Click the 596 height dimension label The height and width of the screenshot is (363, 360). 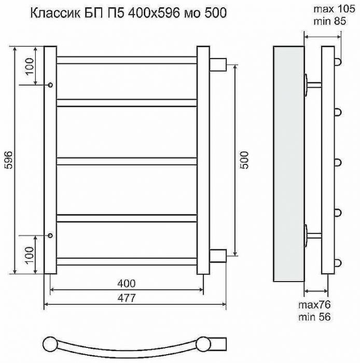click(x=9, y=160)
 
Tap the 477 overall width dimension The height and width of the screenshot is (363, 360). click(x=127, y=298)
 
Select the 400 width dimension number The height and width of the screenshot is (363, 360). click(x=127, y=283)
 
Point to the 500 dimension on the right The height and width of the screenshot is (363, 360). click(x=244, y=160)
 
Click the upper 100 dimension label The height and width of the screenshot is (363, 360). click(x=30, y=66)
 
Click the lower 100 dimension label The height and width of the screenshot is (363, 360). click(x=30, y=255)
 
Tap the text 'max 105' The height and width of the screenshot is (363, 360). click(x=334, y=9)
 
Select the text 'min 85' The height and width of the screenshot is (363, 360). click(x=330, y=21)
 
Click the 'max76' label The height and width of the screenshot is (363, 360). click(x=314, y=305)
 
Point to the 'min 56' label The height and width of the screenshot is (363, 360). click(x=314, y=317)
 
